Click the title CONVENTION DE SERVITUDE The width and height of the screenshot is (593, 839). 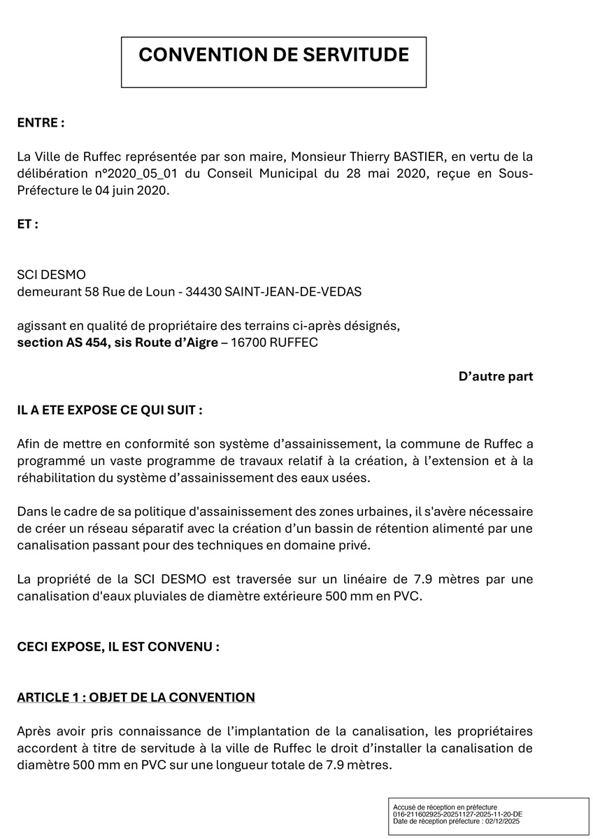click(x=273, y=55)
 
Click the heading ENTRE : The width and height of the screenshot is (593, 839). click(x=41, y=122)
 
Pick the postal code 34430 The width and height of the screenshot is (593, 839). click(x=201, y=292)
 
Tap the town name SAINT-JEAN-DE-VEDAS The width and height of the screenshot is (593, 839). click(x=294, y=292)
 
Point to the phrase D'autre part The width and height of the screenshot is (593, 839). click(x=496, y=377)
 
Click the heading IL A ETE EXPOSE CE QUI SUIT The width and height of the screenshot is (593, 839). click(x=110, y=410)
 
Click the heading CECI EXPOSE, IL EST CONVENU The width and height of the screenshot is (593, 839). click(x=118, y=647)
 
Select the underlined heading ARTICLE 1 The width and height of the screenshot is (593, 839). click(x=136, y=697)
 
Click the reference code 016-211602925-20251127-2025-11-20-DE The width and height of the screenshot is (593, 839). click(x=458, y=815)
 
